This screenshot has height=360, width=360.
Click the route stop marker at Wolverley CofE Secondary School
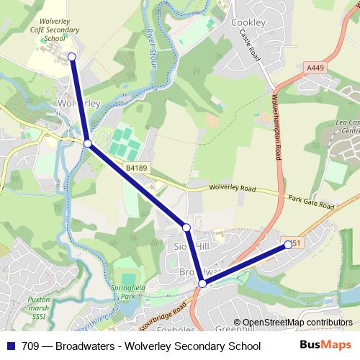(x=71, y=55)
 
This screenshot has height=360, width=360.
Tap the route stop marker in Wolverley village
(x=88, y=144)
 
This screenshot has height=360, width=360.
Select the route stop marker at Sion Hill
(x=186, y=228)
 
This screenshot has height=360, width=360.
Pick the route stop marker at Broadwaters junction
(x=203, y=284)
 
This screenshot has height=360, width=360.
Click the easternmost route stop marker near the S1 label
(x=289, y=245)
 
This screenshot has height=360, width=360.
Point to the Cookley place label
(x=248, y=22)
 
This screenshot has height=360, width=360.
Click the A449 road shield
(x=312, y=67)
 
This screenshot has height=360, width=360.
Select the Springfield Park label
(x=127, y=292)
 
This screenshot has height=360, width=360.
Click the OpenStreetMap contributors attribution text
(x=297, y=322)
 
